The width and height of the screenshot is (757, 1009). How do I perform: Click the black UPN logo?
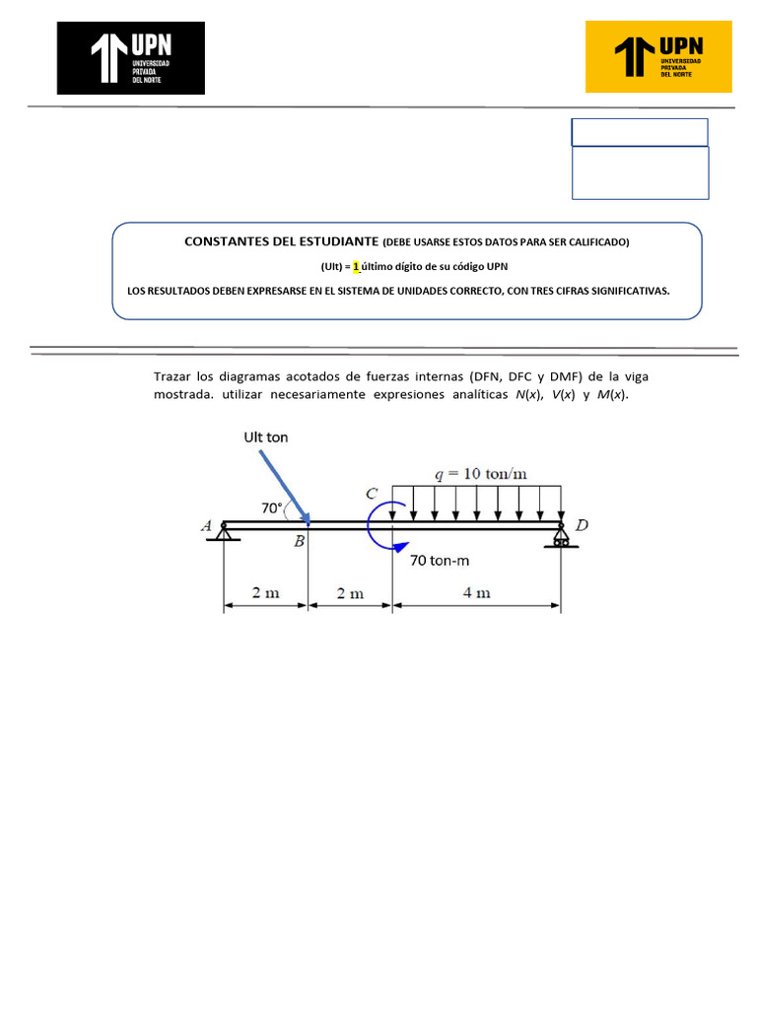pos(131,58)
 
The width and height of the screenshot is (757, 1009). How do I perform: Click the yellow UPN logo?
pos(658,57)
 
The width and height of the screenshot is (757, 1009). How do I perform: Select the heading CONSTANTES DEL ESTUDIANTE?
pos(282,241)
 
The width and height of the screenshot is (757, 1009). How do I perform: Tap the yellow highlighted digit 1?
pos(356,266)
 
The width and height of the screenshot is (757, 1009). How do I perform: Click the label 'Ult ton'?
pos(266,437)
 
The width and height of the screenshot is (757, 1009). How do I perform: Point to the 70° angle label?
pos(271,508)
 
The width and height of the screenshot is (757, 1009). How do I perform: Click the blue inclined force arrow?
pos(284,487)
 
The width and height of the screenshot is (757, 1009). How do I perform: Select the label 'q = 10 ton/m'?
pos(481,473)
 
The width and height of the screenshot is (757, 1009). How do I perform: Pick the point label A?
pos(207,527)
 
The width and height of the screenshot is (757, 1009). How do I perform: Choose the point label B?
pos(299,542)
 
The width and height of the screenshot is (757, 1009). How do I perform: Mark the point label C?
pos(371,493)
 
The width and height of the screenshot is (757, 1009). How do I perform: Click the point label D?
pos(582,526)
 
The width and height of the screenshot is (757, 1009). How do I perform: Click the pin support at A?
pos(225,531)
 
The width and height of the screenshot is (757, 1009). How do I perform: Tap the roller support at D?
pos(561,538)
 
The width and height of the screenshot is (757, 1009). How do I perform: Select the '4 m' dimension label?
pos(477,593)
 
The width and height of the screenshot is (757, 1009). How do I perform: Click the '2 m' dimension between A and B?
pos(266,593)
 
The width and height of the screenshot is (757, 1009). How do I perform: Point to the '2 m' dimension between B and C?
pos(350,593)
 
